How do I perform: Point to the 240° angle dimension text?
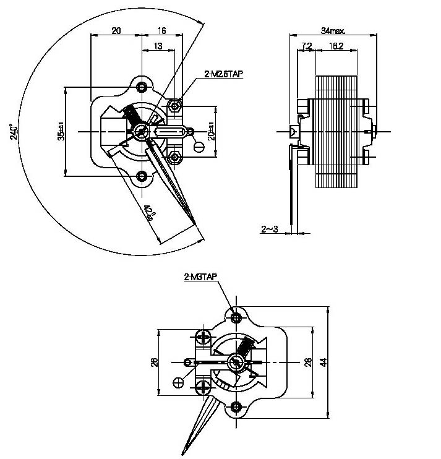(x=13, y=132)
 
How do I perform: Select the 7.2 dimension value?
(x=306, y=46)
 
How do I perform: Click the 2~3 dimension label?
(x=270, y=229)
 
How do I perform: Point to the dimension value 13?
(x=158, y=46)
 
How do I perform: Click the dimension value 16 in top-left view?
(x=161, y=30)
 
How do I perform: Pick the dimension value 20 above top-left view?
(x=116, y=30)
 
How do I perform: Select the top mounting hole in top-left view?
(x=143, y=86)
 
